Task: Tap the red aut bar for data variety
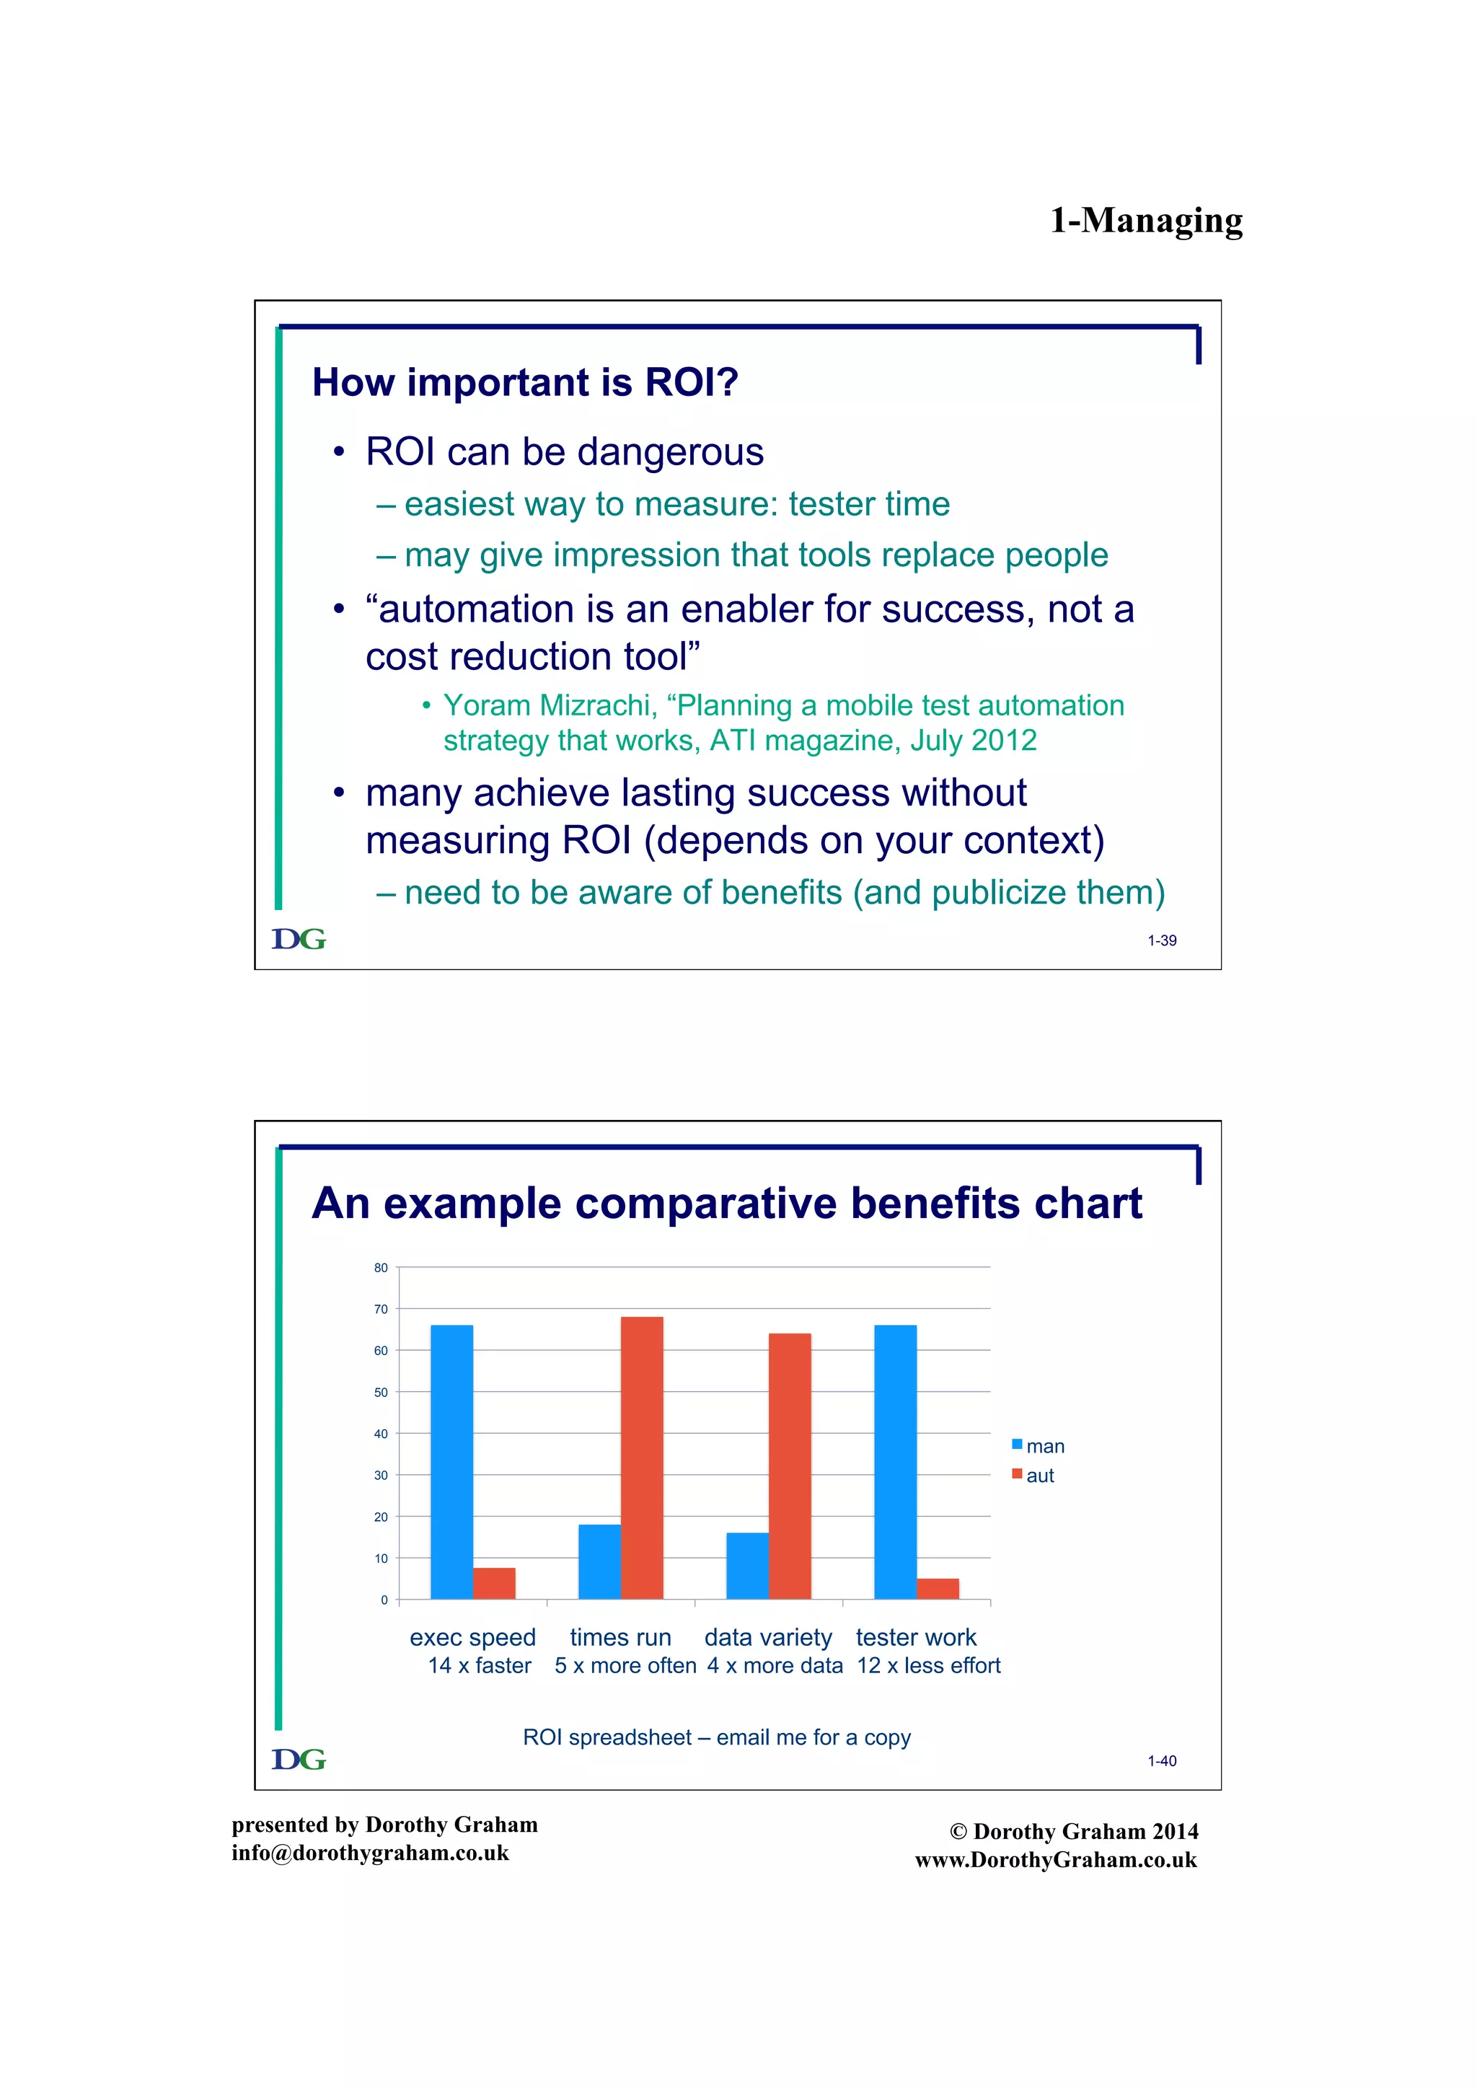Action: pyautogui.click(x=789, y=1465)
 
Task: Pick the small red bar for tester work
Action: pyautogui.click(x=938, y=1589)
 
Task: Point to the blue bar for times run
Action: pyautogui.click(x=599, y=1561)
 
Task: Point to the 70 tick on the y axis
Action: pyautogui.click(x=380, y=1309)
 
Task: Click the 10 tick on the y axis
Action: pyautogui.click(x=380, y=1558)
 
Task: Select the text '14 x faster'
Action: pyautogui.click(x=480, y=1665)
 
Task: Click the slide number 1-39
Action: pyautogui.click(x=1161, y=940)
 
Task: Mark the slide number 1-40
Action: pyautogui.click(x=1161, y=1760)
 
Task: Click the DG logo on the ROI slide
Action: pyautogui.click(x=299, y=938)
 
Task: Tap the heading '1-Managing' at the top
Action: pyautogui.click(x=1146, y=220)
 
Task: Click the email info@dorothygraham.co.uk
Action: pyautogui.click(x=369, y=1853)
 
